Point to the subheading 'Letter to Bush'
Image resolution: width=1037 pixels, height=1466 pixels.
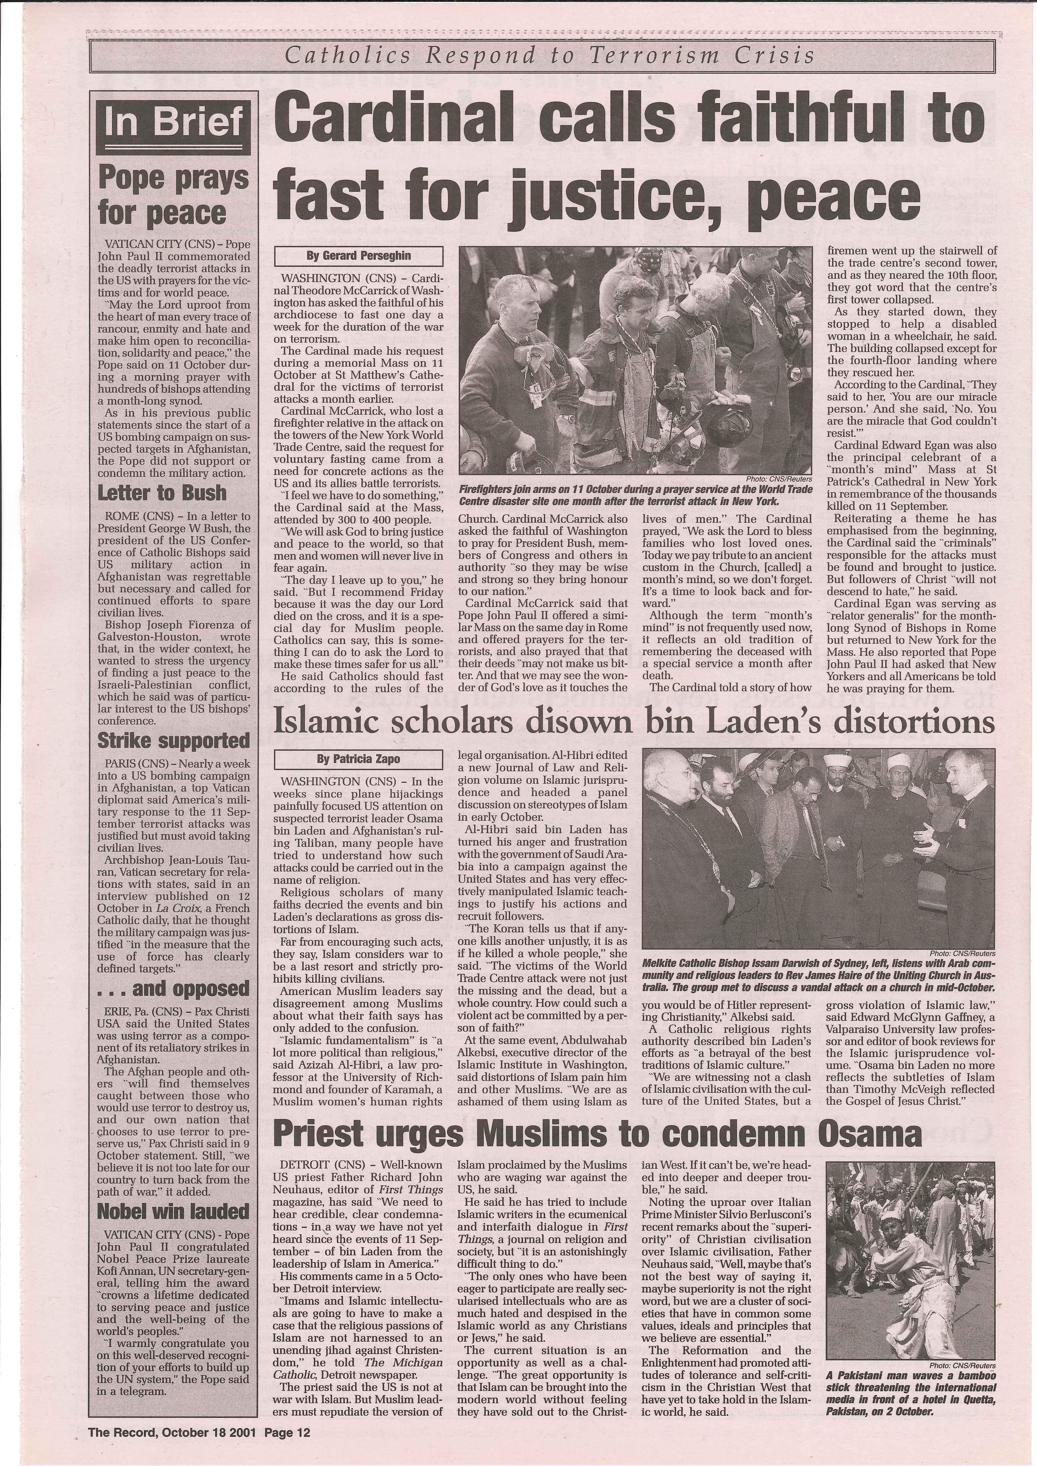coord(162,492)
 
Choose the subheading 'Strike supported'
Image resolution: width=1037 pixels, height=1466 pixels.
coord(173,741)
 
